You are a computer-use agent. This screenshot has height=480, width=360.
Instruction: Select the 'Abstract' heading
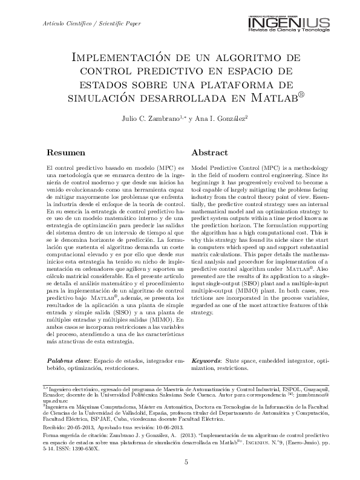(x=209, y=153)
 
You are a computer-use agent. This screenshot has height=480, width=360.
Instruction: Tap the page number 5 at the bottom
(x=186, y=462)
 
